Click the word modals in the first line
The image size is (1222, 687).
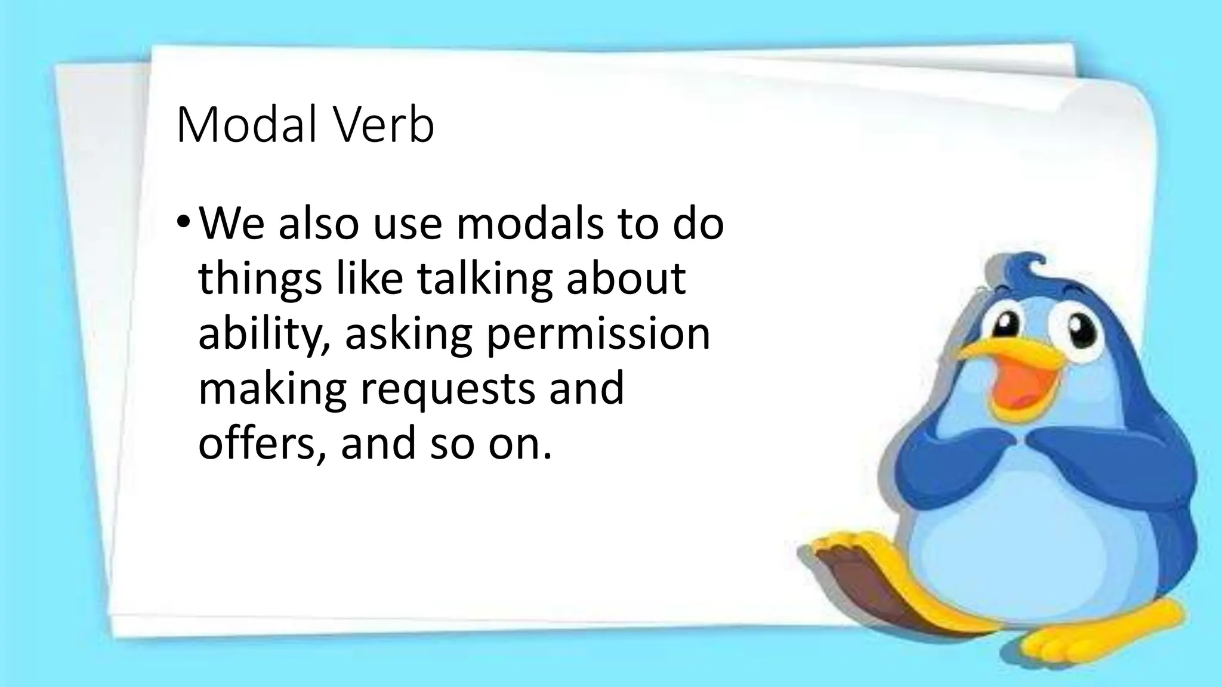[x=530, y=224]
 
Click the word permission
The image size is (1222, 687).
[x=598, y=335]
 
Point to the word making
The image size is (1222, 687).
[x=272, y=389]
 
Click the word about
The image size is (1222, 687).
[x=626, y=279]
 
